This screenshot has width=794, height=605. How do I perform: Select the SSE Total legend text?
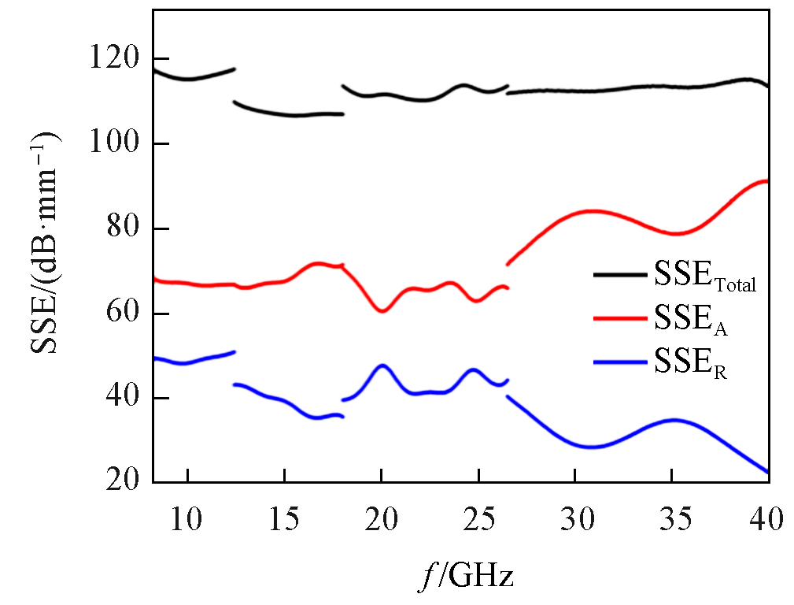pyautogui.click(x=704, y=278)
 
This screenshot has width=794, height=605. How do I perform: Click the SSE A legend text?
pyautogui.click(x=689, y=321)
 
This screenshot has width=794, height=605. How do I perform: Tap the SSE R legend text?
pyautogui.click(x=689, y=365)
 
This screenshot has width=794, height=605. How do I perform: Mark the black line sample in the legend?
pyautogui.click(x=620, y=275)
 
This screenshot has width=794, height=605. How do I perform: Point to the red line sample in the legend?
pyautogui.click(x=620, y=318)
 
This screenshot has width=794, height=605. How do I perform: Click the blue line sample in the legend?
pyautogui.click(x=620, y=362)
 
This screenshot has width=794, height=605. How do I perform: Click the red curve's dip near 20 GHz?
pyautogui.click(x=382, y=311)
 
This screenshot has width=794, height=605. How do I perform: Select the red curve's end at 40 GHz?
pyautogui.click(x=766, y=181)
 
